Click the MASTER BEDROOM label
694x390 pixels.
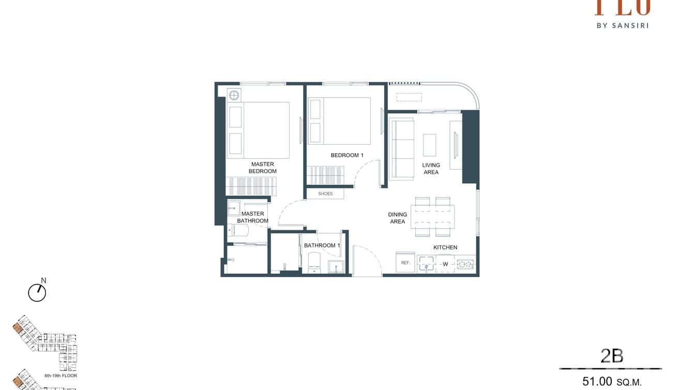pos(262,168)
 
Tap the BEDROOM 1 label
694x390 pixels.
pos(347,155)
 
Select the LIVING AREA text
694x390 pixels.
pos(431,169)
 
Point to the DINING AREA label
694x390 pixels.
pos(397,218)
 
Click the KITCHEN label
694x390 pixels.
pos(445,247)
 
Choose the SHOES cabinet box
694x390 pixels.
pos(325,194)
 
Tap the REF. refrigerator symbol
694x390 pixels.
pos(405,263)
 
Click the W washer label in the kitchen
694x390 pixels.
pos(445,264)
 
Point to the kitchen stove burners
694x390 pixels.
pos(465,264)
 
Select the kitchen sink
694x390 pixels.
pos(427,264)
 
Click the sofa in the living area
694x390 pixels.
pos(402,149)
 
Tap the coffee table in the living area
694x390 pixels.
pos(429,145)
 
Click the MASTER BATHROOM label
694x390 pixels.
pos(252,217)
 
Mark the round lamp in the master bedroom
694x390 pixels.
pos(234,95)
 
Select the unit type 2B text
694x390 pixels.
pos(612,356)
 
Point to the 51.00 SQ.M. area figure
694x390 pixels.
pos(612,382)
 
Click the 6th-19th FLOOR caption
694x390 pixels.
pos(61,376)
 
